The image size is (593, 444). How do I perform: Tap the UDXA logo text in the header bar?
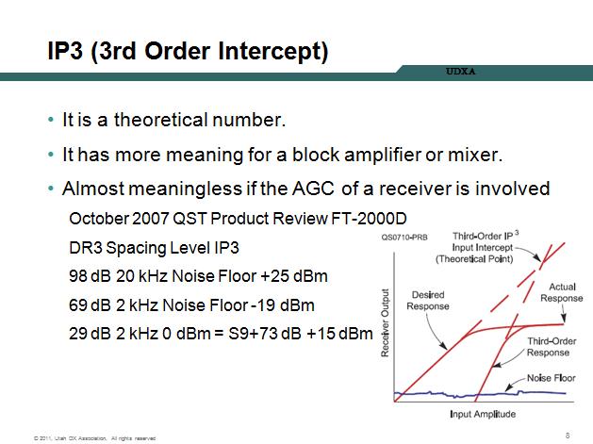click(460, 71)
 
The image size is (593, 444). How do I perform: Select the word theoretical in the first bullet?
click(160, 120)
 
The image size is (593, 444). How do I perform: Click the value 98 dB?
click(90, 276)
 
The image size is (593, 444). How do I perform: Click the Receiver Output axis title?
click(385, 322)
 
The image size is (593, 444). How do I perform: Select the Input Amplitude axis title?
click(483, 414)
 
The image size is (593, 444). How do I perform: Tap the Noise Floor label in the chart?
click(551, 378)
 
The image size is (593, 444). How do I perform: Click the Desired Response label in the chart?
click(428, 301)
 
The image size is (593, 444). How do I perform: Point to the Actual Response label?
click(562, 292)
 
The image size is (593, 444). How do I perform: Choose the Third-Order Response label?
click(552, 347)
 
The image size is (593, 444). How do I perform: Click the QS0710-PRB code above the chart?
click(404, 238)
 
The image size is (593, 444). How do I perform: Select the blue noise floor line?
click(480, 394)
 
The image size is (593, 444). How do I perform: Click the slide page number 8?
click(568, 436)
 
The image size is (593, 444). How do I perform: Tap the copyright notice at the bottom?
click(94, 438)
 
